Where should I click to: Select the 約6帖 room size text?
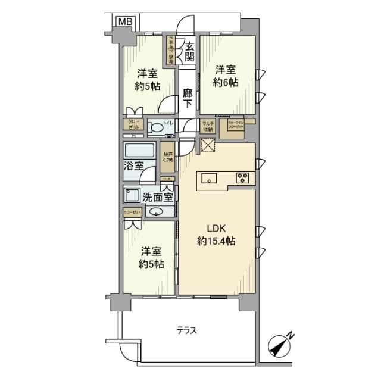coord(226,83)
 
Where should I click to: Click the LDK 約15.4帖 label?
coord(216,235)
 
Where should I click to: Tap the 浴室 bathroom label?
coord(134,165)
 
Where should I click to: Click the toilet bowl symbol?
coord(156,127)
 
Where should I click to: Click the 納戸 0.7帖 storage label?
coord(169,157)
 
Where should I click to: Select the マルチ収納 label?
coord(208,126)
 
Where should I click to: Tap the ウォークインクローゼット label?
coord(231,126)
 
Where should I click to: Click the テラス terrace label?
coord(186,330)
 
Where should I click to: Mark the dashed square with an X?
coord(207,146)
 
